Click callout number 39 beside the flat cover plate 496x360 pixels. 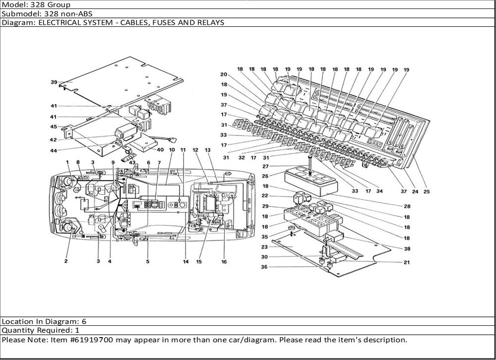point(54,82)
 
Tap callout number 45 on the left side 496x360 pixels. point(54,126)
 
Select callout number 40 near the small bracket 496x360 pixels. point(160,150)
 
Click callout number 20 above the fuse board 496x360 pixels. point(224,74)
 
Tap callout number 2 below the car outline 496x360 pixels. point(66,261)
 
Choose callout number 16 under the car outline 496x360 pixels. point(224,261)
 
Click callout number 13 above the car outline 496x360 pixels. point(208,150)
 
